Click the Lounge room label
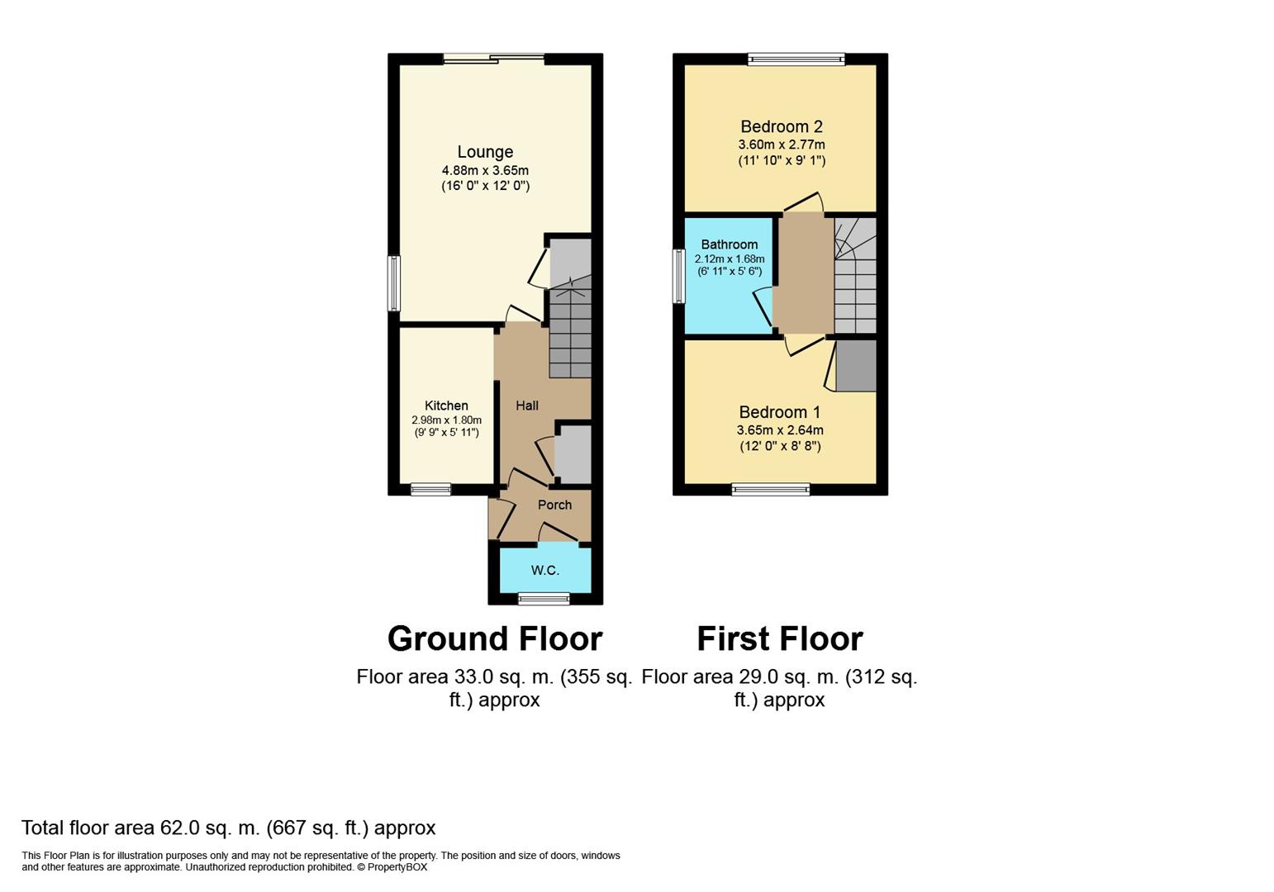coord(485,152)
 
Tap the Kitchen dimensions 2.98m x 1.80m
coord(446,420)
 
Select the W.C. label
coord(544,570)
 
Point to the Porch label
coord(554,505)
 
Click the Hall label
coord(526,406)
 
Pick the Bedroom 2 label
coord(782,126)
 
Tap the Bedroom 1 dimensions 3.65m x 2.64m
coord(780,430)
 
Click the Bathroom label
coord(730,244)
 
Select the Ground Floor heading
coord(495,639)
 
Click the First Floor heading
coord(780,639)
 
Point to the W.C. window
coord(544,599)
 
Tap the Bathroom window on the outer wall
coord(678,277)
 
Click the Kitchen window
coord(430,489)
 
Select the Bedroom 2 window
coord(796,59)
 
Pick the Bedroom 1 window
coord(771,489)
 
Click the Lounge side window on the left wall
coord(393,283)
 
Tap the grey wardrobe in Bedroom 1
coord(855,366)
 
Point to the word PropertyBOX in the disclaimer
coord(397,867)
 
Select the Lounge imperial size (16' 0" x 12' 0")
coord(485,186)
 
